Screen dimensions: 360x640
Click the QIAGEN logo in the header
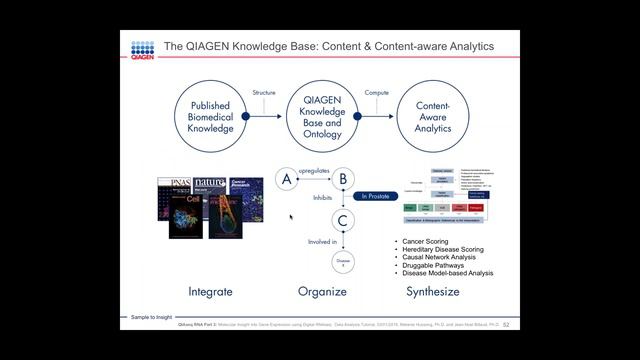pos(143,50)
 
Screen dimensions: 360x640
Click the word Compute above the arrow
pos(377,93)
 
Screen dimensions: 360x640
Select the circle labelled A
pos(287,179)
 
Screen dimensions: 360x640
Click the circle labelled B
pos(343,179)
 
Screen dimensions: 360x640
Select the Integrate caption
pos(209,292)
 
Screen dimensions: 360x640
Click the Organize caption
pos(322,292)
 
